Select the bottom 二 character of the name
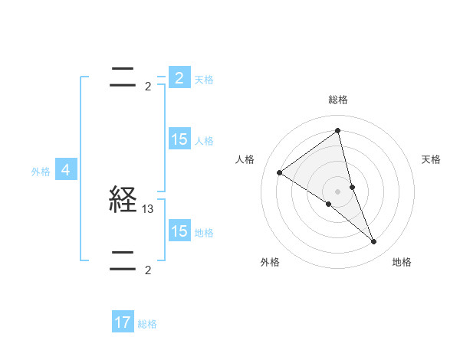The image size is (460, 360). (x=123, y=260)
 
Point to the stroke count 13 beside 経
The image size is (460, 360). (x=149, y=208)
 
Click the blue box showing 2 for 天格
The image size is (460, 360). (x=179, y=78)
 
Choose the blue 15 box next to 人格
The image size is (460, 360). (x=179, y=139)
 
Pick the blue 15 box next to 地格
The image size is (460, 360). (x=179, y=231)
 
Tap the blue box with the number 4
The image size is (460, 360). (x=66, y=170)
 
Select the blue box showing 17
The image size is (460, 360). (x=123, y=323)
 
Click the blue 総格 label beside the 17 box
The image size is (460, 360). (x=147, y=324)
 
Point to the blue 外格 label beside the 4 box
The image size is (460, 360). (x=41, y=172)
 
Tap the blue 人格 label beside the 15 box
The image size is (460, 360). (x=204, y=141)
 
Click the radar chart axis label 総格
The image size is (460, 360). (x=338, y=100)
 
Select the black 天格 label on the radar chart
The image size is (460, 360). (x=432, y=159)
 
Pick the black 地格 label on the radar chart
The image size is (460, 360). (x=402, y=262)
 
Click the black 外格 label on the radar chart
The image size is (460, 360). (x=270, y=262)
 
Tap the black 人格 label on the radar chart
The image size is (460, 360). (x=245, y=159)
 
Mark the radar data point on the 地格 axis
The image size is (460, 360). (x=374, y=242)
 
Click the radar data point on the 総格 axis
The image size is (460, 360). (x=338, y=131)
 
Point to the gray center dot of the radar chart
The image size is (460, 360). (x=338, y=191)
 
